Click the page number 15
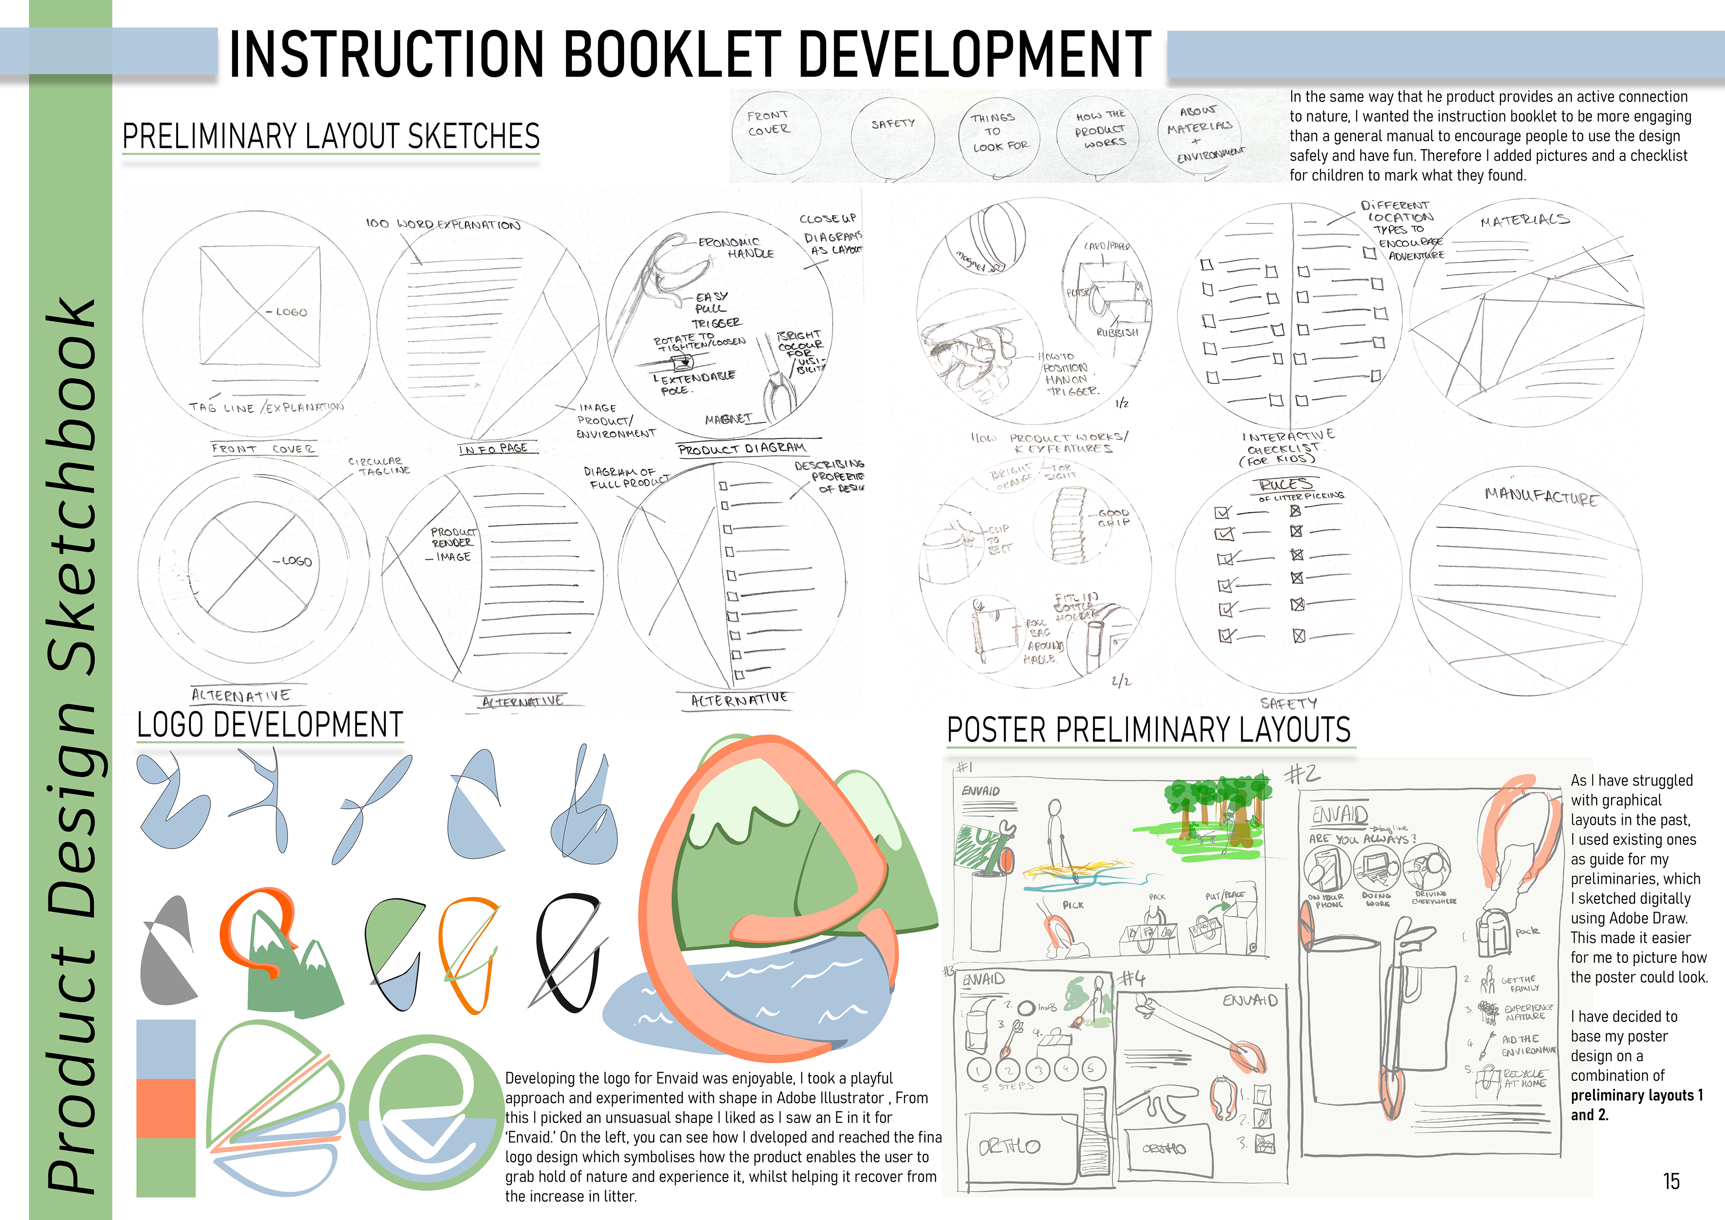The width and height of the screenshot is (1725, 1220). pyautogui.click(x=1671, y=1181)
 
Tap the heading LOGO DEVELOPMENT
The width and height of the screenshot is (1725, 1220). pyautogui.click(x=270, y=725)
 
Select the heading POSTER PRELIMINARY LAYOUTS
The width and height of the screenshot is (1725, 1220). pyautogui.click(x=1148, y=730)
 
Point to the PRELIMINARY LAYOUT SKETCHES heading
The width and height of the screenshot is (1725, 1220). pyautogui.click(x=331, y=136)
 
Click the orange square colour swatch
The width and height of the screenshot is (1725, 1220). pyautogui.click(x=165, y=1109)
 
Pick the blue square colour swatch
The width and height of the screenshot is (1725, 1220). pyautogui.click(x=165, y=1049)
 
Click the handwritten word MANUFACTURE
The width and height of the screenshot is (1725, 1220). pyautogui.click(x=1541, y=496)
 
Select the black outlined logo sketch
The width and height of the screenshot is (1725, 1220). pyautogui.click(x=567, y=951)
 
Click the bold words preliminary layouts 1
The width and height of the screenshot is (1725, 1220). pyautogui.click(x=1637, y=1095)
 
